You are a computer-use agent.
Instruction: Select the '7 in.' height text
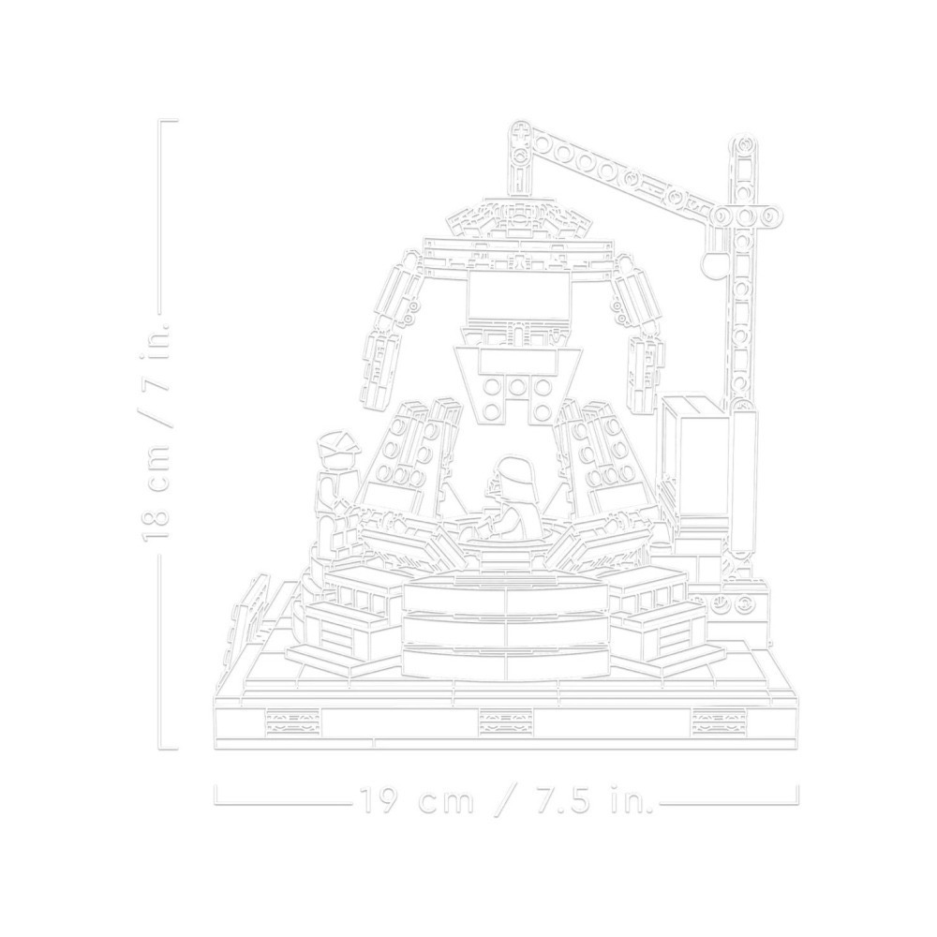tap(156, 361)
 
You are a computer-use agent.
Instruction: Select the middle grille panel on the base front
tap(505, 722)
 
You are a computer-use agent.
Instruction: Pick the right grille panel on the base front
tap(719, 722)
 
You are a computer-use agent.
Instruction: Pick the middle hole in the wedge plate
tap(517, 387)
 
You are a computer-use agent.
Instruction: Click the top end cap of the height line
tap(170, 122)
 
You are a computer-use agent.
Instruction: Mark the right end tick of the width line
tap(798, 794)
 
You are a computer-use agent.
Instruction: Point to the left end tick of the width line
tap(216, 794)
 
